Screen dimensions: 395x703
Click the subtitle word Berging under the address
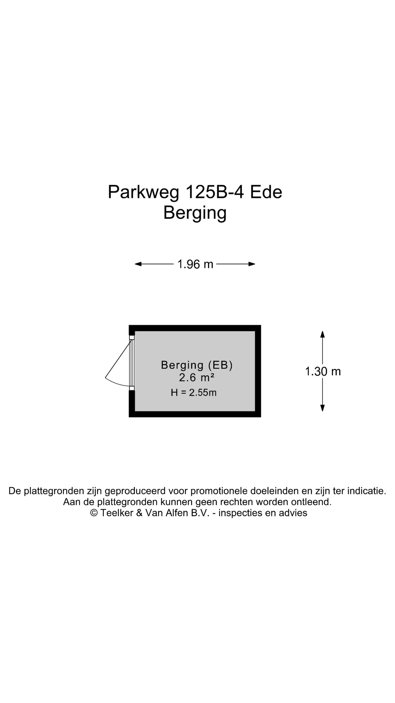[x=195, y=213]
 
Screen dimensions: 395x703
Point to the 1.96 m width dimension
[x=195, y=264]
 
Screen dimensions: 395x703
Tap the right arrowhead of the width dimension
[x=252, y=264]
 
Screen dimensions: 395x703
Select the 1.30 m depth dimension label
[x=323, y=371]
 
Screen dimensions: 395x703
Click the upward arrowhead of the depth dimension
[x=322, y=334]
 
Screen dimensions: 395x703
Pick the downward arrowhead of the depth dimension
[x=322, y=408]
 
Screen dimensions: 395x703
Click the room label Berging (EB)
[x=197, y=365]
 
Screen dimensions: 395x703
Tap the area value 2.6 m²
[x=197, y=378]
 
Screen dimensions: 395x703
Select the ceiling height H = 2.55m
[x=194, y=393]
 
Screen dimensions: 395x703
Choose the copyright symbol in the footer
[x=94, y=513]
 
